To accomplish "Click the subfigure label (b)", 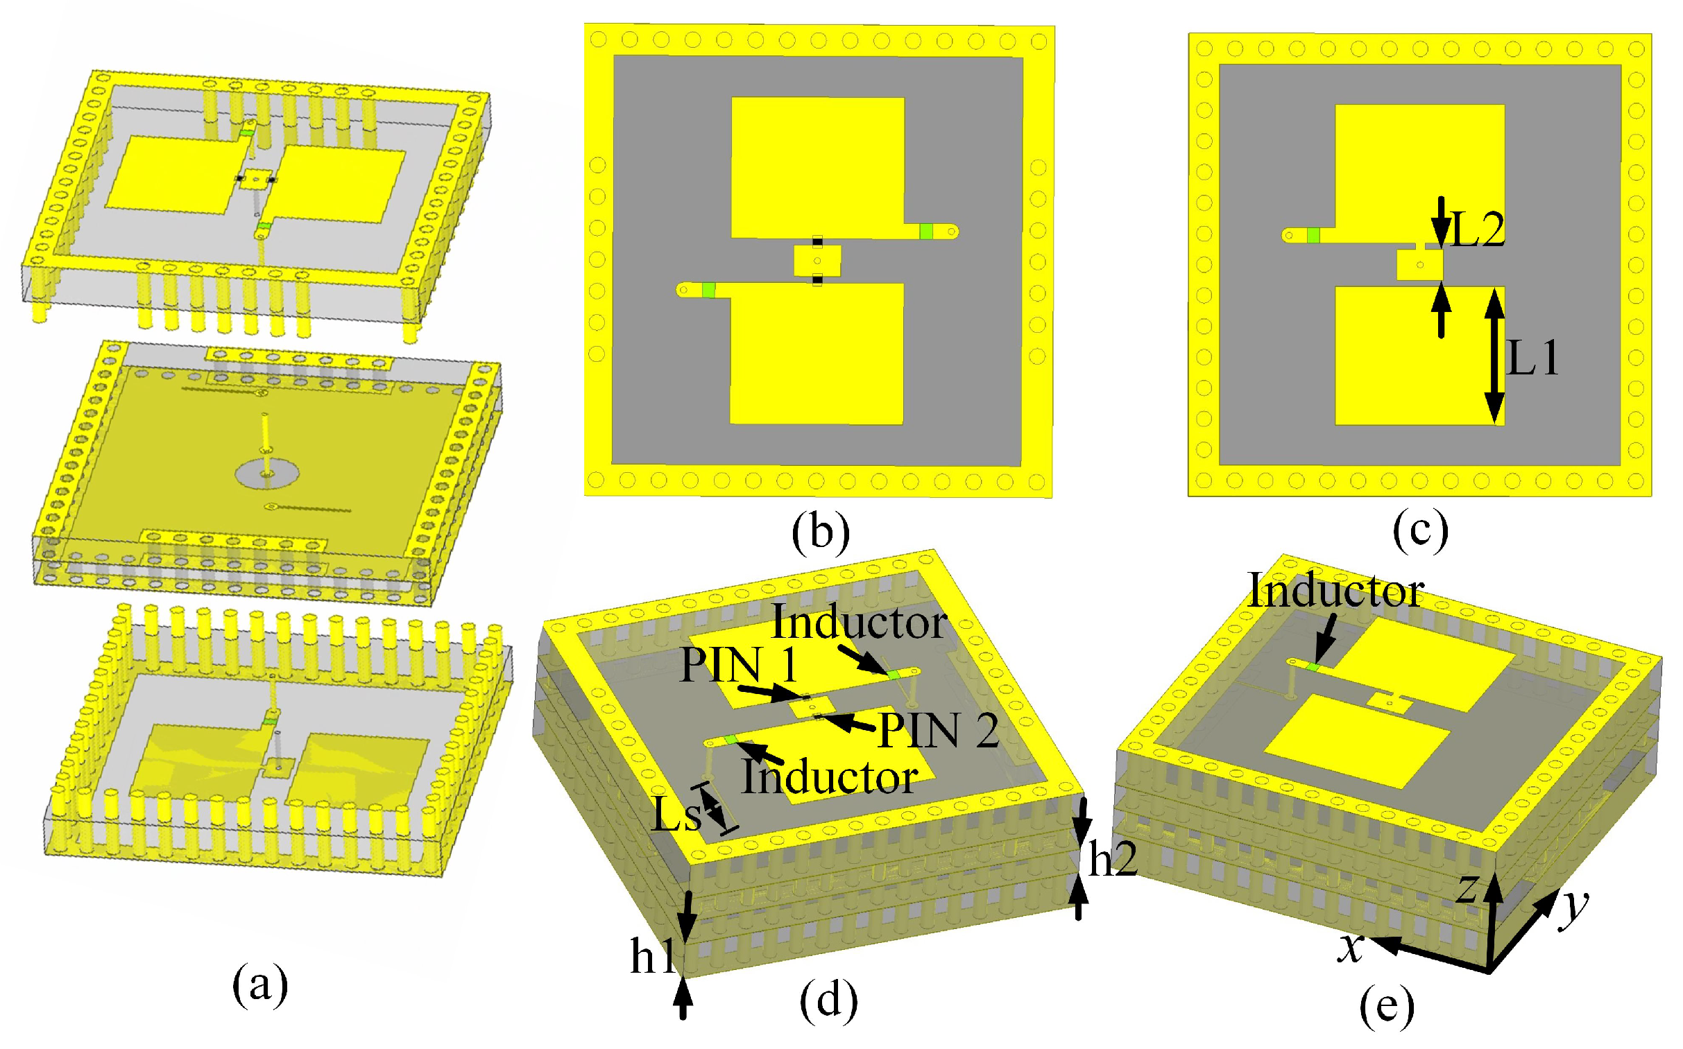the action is tap(820, 533).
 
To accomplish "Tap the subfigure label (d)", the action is tap(828, 1000).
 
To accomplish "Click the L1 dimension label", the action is tap(1533, 358).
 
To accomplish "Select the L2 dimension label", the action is tap(1477, 229).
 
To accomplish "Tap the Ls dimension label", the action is tap(676, 816).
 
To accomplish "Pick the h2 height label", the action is tap(1113, 860).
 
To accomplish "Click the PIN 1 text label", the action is tap(738, 665).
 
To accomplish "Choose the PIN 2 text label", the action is tap(939, 731).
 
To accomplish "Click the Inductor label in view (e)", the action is tap(1335, 591).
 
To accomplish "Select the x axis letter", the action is tap(1351, 947).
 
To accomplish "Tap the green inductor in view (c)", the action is tap(1313, 235).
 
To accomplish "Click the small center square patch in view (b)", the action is tap(817, 261).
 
